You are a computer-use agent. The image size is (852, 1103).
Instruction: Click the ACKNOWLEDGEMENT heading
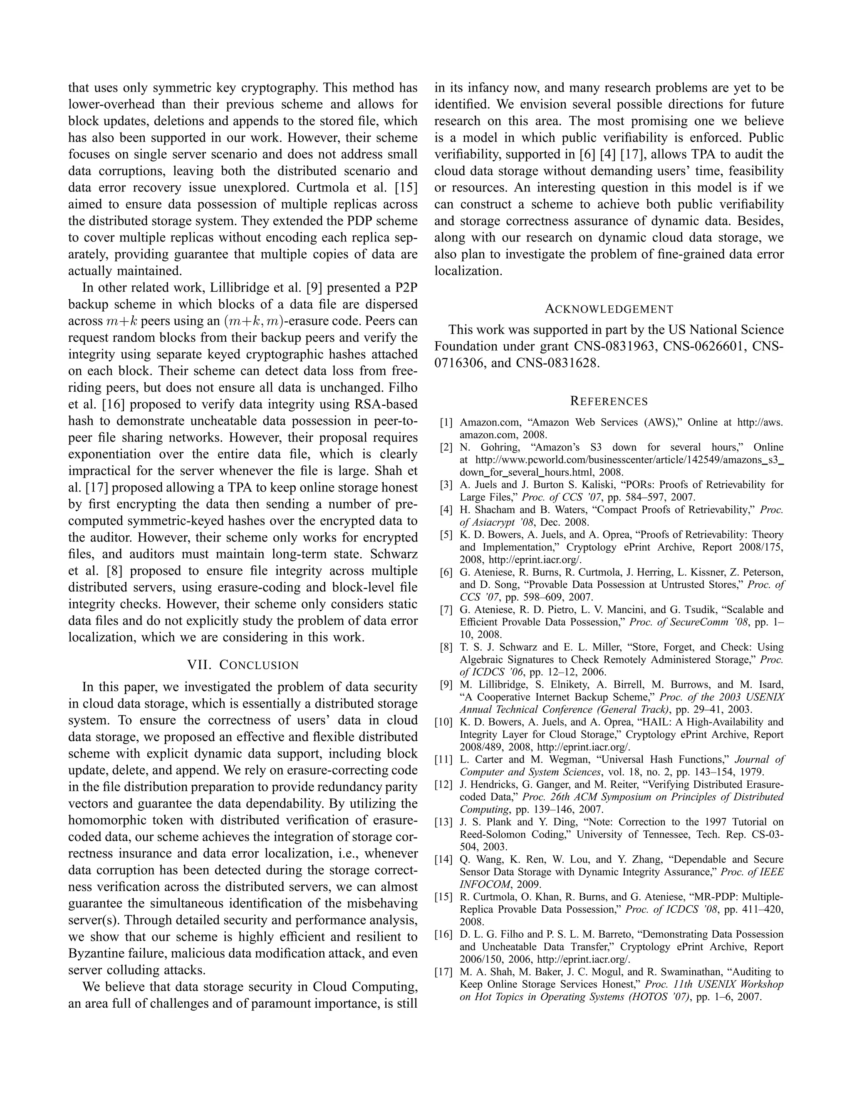click(x=609, y=309)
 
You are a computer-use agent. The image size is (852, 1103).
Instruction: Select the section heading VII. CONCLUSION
click(x=243, y=665)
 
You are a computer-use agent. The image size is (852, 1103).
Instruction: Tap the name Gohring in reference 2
click(x=488, y=447)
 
